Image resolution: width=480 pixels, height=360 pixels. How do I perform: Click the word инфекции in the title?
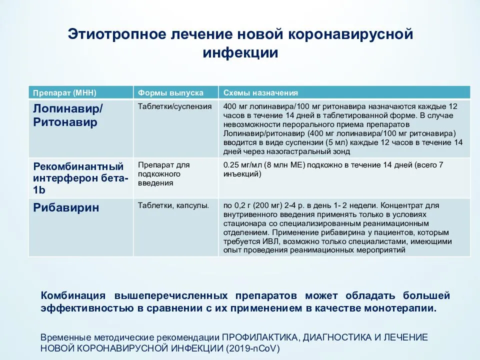point(240,52)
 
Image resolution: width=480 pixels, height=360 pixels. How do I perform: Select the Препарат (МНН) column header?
point(64,93)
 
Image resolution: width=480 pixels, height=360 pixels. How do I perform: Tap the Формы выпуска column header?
point(170,93)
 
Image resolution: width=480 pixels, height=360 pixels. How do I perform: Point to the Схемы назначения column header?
point(260,93)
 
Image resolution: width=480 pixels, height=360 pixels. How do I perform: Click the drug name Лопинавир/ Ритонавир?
point(68,115)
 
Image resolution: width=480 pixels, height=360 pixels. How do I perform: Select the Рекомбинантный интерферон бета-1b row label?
point(80,178)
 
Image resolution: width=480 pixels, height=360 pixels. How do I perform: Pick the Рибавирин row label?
point(66,207)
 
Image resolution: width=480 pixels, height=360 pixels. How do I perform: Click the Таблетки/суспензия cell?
point(175,106)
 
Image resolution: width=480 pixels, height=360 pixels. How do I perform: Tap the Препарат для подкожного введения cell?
point(164,174)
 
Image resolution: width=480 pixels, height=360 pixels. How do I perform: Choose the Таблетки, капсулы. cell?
point(173,205)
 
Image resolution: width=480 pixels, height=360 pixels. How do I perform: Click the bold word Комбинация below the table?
point(73,295)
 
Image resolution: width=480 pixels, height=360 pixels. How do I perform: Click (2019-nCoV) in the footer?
point(252,348)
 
